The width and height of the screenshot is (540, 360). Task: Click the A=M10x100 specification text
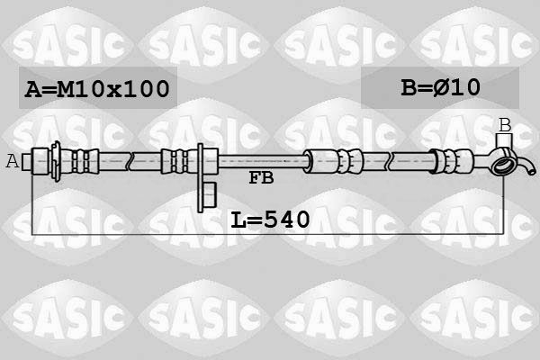point(97,89)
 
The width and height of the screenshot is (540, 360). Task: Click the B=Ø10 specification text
point(440,87)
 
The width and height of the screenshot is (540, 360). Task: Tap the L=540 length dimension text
point(270,220)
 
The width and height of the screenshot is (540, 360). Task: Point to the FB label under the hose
point(261,178)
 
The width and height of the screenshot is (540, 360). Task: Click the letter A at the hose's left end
point(13,161)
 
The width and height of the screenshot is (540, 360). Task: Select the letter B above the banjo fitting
point(505,125)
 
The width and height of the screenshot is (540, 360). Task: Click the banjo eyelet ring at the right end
point(502,166)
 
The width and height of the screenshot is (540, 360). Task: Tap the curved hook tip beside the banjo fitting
point(526,167)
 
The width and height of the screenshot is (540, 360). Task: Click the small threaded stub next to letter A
point(26,162)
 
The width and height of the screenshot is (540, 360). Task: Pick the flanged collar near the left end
point(56,161)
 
